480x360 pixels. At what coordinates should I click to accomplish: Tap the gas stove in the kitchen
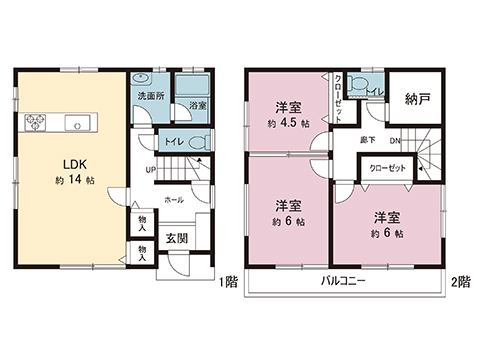(x=35, y=124)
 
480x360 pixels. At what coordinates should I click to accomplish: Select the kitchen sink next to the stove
(x=76, y=124)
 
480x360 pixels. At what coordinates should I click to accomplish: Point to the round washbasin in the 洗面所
(x=142, y=80)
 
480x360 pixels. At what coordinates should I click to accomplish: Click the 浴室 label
(x=197, y=104)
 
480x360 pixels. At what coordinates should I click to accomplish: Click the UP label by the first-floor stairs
(x=151, y=169)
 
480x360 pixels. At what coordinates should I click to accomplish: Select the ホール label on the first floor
(x=173, y=199)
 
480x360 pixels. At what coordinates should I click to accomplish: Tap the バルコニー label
(x=343, y=282)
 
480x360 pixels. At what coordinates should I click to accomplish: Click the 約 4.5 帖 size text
(x=286, y=124)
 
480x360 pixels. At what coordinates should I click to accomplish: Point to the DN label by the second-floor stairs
(x=395, y=141)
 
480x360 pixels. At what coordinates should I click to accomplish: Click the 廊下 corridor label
(x=367, y=141)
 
